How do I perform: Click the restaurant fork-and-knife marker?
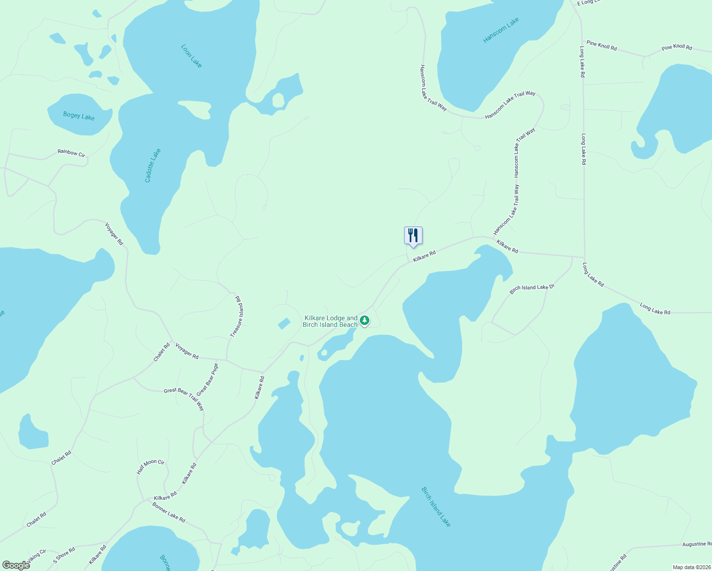[413, 236]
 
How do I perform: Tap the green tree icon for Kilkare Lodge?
[365, 321]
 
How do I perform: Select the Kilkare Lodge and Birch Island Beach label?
[330, 321]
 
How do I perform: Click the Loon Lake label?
[191, 56]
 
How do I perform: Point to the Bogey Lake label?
[79, 116]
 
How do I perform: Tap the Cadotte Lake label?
[153, 166]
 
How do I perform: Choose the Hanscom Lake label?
[501, 30]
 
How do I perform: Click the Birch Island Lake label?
[436, 506]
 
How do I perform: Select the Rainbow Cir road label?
[71, 153]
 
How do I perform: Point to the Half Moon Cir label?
[150, 467]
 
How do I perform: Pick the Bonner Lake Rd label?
[169, 512]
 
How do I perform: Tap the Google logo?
[16, 565]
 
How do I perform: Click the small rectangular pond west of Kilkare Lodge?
[284, 324]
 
